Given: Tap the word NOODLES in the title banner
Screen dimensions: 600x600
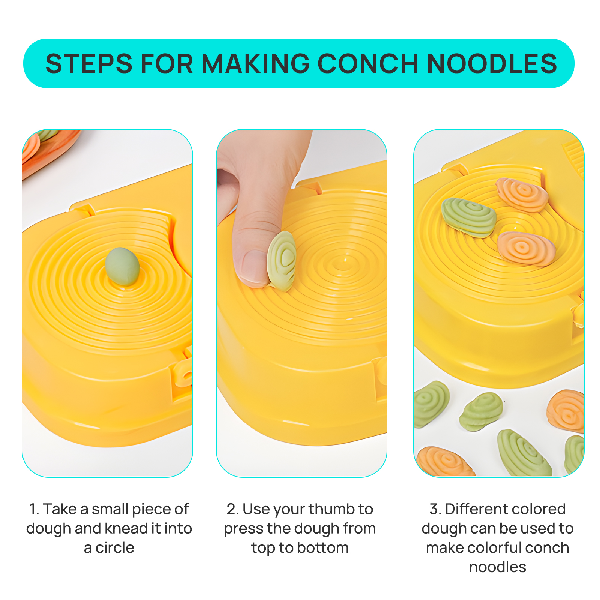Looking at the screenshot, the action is pos(492,63).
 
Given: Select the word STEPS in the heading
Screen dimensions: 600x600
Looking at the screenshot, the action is pos(89,63).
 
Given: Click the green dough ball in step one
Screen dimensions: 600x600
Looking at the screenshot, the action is pos(122,266).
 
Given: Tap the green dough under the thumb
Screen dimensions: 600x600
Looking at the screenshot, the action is pos(282,261).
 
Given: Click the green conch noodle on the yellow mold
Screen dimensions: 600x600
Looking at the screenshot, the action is pos(468,217).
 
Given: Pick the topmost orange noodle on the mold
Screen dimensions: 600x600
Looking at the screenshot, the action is pos(522,195).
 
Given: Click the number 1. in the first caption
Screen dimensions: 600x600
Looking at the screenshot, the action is pos(34,509).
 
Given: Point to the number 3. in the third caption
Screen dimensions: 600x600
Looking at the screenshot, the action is pos(435,509).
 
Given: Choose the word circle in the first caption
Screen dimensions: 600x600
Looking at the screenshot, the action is pos(115,548).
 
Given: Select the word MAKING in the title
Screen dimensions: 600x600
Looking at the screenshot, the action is pos(256,63).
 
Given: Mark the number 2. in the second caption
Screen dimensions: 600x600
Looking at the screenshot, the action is pos(233,509).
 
